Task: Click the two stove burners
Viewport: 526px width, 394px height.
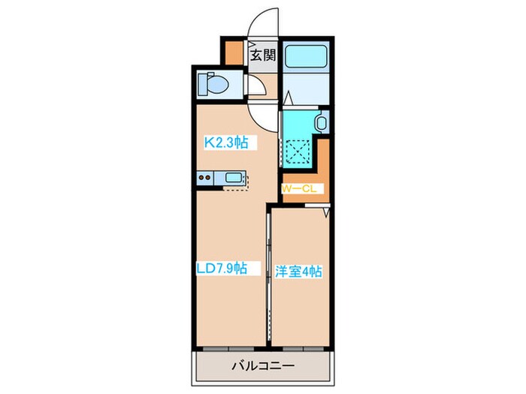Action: click(x=205, y=178)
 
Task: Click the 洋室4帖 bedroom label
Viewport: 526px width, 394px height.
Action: click(x=299, y=272)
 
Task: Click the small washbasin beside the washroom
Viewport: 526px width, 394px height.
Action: click(x=322, y=122)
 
